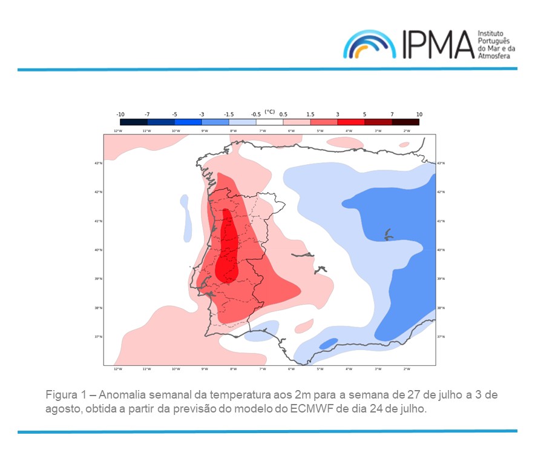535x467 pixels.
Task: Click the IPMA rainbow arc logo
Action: pyautogui.click(x=370, y=45)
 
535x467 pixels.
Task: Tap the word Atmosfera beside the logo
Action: pyautogui.click(x=494, y=56)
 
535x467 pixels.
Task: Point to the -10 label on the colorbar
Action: pyautogui.click(x=120, y=114)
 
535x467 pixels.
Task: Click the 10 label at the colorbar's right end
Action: pyautogui.click(x=419, y=114)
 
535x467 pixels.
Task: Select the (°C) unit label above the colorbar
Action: pyautogui.click(x=269, y=112)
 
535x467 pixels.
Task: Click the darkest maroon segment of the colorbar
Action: pyautogui.click(x=405, y=122)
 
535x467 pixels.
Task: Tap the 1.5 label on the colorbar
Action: pyautogui.click(x=310, y=114)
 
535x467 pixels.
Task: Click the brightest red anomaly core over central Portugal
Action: pyautogui.click(x=228, y=248)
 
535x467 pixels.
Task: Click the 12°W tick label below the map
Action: pyautogui.click(x=117, y=369)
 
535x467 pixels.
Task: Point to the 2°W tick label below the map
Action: pyautogui.click(x=406, y=369)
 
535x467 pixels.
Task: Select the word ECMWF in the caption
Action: pyautogui.click(x=314, y=409)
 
